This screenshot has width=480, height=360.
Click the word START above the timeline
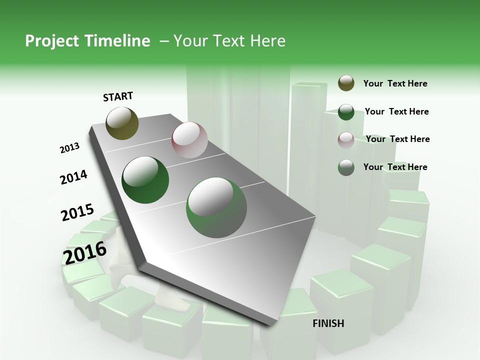pos(118,96)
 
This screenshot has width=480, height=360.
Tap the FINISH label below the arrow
pos(328,323)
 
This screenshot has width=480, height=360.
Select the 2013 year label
pos(69,148)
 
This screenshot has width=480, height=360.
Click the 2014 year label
pos(73,177)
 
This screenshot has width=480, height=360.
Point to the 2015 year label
pos(77,212)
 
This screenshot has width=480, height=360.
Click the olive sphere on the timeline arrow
pos(122,123)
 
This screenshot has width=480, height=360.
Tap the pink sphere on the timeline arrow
pos(189,140)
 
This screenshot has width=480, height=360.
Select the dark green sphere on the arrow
pos(145,180)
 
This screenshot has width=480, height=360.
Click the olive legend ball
pos(346,83)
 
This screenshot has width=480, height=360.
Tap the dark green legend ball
pos(346,112)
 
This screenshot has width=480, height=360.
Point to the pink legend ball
pos(346,139)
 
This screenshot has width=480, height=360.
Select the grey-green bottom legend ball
pos(346,167)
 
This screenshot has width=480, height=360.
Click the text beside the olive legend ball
pos(395,84)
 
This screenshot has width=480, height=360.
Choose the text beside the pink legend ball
pos(397,139)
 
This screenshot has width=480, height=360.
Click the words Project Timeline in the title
pos(87,41)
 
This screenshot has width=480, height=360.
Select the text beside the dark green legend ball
pos(396,111)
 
